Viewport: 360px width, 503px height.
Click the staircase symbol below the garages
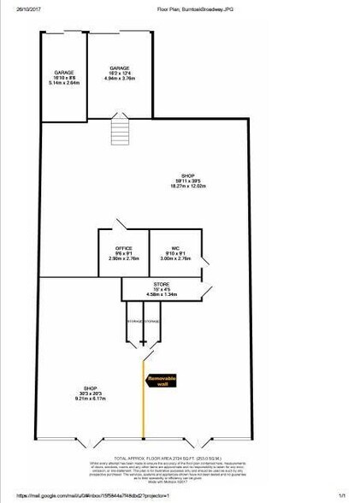point(119,133)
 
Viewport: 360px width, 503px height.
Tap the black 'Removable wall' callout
point(162,380)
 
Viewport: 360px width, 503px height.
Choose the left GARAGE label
point(63,72)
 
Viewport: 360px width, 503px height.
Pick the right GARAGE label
point(119,68)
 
